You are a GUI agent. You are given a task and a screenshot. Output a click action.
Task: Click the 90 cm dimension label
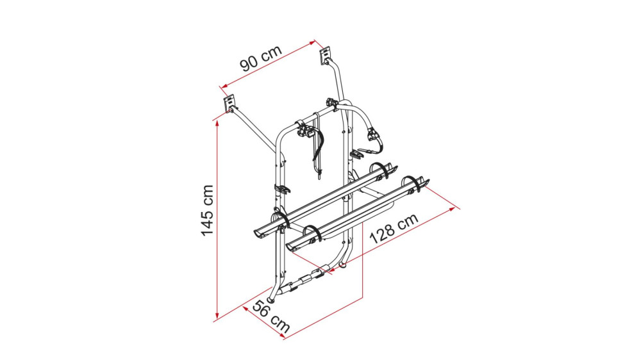261,58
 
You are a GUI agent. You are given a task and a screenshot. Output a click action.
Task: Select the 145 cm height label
208,211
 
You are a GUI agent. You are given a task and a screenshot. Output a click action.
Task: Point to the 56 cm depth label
271,316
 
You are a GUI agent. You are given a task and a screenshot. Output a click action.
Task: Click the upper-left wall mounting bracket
229,103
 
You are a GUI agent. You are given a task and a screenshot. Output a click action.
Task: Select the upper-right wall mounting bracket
326,55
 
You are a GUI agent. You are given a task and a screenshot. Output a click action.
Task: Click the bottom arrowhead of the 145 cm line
217,316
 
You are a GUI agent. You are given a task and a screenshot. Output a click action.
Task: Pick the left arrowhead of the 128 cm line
332,269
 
